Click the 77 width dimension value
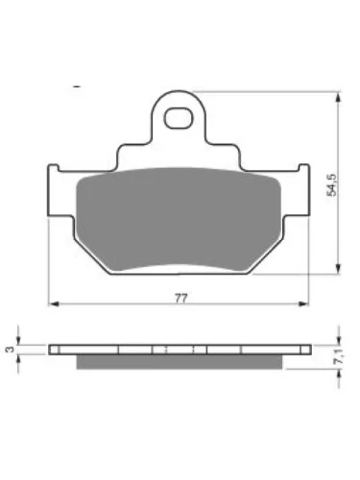pyautogui.click(x=180, y=299)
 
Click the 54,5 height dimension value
pyautogui.click(x=331, y=185)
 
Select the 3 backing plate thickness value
pyautogui.click(x=11, y=349)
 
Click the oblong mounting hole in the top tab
pyautogui.click(x=179, y=118)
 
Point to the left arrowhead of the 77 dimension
pyautogui.click(x=55, y=303)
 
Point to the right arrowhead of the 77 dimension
pyautogui.click(x=302, y=303)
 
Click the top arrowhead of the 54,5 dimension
pyautogui.click(x=339, y=97)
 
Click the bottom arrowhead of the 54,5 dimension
pyautogui.click(x=339, y=269)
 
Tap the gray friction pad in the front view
pyautogui.click(x=179, y=219)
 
